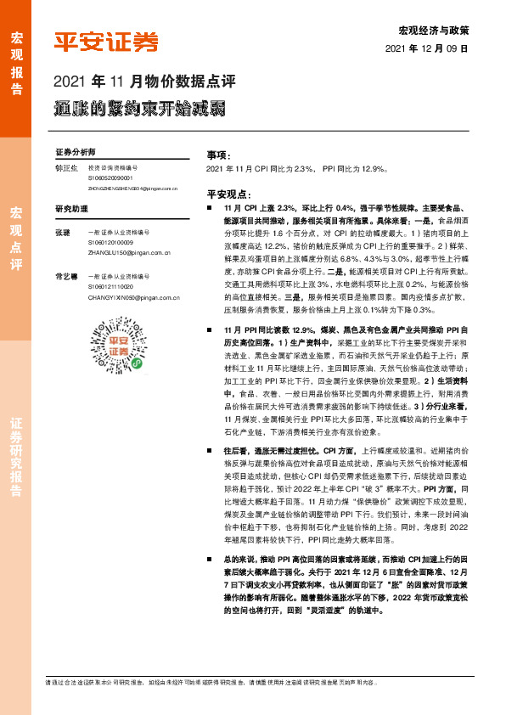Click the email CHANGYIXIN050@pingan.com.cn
[133, 298]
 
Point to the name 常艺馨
[65, 277]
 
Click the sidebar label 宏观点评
[15, 238]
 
